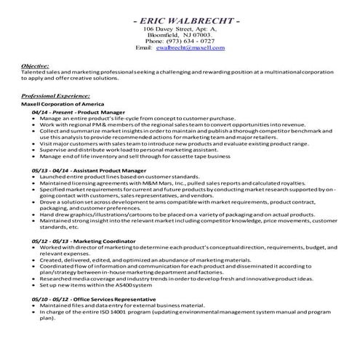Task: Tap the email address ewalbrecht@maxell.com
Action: (190, 48)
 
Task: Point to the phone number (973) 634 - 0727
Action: (180, 41)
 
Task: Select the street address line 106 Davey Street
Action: (180, 28)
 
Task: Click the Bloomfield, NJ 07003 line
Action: (180, 34)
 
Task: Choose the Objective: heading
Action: (36, 65)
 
